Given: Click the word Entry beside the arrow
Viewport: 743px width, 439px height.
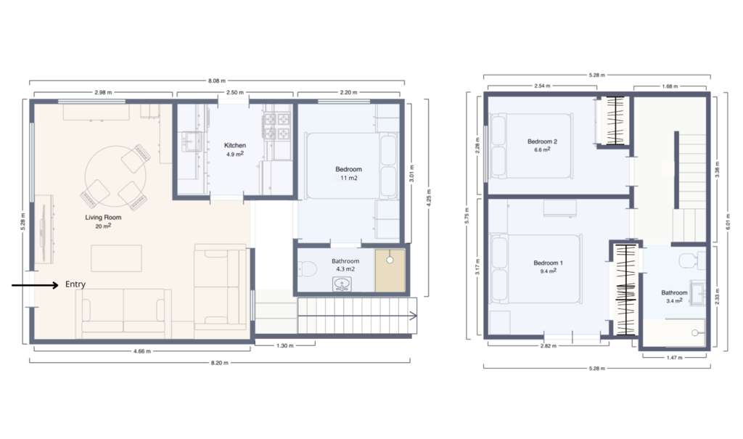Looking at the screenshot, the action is tap(75, 284).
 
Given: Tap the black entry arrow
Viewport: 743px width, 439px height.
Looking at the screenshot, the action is tap(35, 285).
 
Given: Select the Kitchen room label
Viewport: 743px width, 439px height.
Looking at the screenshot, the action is tap(235, 146).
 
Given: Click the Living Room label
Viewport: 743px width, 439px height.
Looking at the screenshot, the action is tap(103, 218).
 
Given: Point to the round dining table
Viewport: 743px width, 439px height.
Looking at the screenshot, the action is tap(115, 176).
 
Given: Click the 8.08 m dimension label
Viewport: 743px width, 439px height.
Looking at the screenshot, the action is tap(216, 81).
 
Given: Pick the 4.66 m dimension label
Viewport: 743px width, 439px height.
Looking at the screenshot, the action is tap(142, 351).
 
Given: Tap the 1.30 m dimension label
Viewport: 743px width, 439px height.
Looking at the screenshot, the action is tap(284, 345).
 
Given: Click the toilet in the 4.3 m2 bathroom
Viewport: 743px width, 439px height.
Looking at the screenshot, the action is tap(307, 269).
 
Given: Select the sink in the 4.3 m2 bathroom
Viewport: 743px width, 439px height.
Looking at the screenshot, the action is tap(341, 284).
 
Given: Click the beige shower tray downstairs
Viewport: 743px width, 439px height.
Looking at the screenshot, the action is tap(390, 270).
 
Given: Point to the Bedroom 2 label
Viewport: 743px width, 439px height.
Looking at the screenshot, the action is tap(542, 141).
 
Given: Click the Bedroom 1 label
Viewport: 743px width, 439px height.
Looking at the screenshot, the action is tap(548, 263).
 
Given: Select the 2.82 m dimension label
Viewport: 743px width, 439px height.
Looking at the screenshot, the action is tap(549, 346).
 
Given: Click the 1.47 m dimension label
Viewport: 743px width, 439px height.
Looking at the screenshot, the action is tap(674, 358).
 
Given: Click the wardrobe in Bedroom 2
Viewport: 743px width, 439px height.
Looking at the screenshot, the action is tap(614, 120).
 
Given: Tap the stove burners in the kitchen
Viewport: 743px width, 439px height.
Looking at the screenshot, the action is tap(277, 126).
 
